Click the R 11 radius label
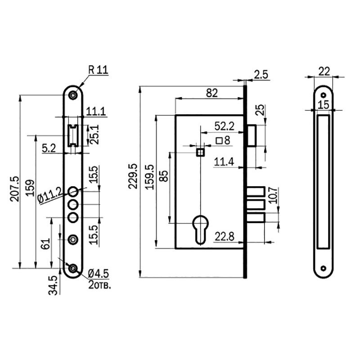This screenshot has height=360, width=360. coord(98,70)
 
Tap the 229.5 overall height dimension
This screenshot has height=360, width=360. coord(133,176)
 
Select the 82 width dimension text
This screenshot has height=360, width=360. coord(211,93)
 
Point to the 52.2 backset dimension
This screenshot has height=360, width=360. coord(224,126)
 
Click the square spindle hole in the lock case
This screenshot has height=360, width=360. coord(200,152)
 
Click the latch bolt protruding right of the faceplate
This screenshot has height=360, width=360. coord(252,135)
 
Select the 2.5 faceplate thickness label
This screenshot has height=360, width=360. coord(261,75)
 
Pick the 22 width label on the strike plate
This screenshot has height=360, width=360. coord(324,72)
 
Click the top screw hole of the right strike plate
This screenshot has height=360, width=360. coord(324,95)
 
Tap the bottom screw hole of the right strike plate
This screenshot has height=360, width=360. coord(324,268)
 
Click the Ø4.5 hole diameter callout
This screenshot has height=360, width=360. coord(98,274)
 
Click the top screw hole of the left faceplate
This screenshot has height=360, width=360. coord(73,95)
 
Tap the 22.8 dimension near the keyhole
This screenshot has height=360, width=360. coord(224,237)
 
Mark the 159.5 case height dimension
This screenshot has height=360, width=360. coord(150,177)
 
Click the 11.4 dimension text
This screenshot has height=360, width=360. coord(224,162)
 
